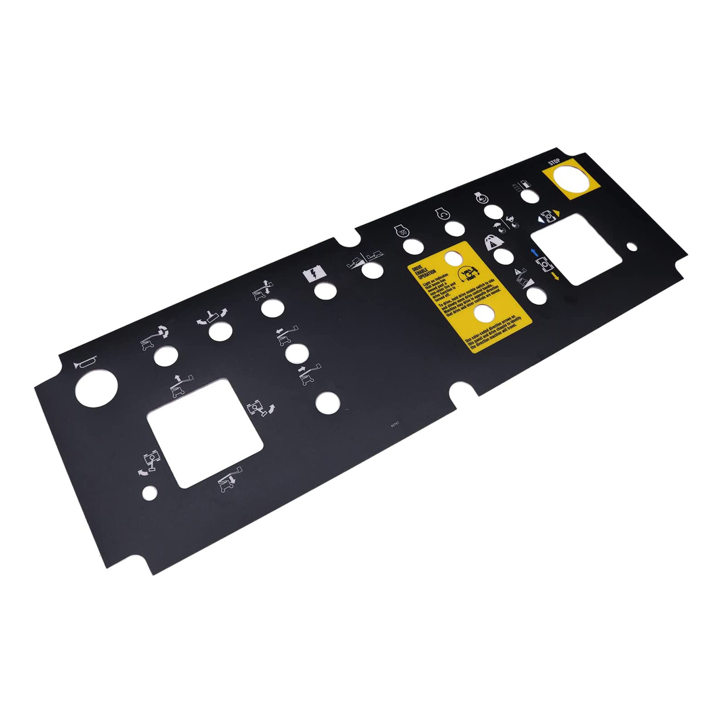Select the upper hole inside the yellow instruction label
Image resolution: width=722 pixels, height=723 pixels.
pyautogui.click(x=454, y=258)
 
